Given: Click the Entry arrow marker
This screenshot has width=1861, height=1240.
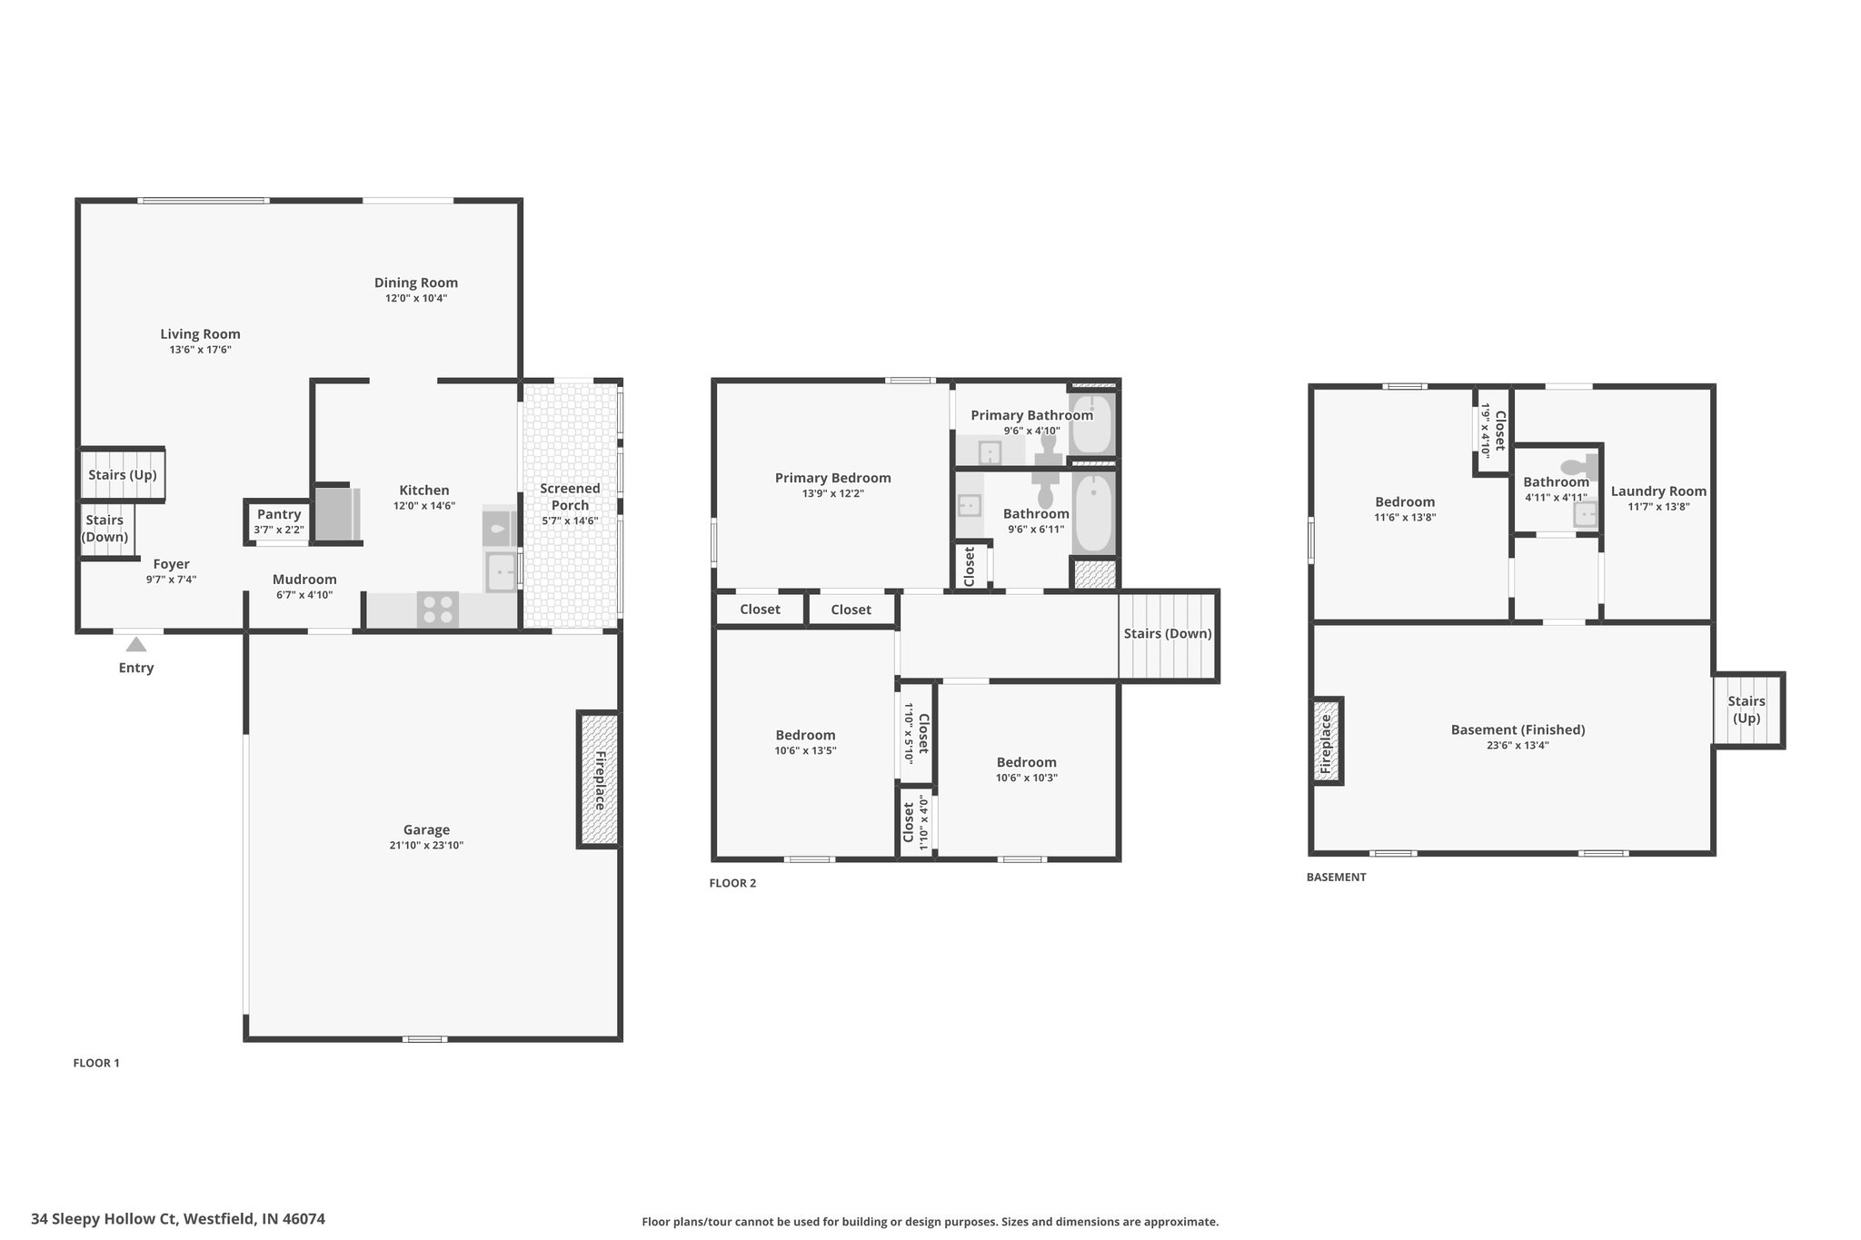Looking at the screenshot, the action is point(136,644).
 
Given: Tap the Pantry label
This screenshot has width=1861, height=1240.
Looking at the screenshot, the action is point(279,514).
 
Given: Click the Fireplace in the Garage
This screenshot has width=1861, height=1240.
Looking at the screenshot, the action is point(599,780).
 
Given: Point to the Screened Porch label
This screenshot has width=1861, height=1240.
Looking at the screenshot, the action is point(570,497).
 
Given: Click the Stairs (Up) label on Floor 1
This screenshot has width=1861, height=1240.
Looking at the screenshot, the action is point(123,475).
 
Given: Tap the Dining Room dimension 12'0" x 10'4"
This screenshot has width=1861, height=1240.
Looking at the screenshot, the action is point(416,298).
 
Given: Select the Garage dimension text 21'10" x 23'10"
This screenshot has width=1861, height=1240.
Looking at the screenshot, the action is point(427,846).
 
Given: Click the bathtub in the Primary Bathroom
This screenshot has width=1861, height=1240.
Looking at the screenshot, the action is point(1090,424).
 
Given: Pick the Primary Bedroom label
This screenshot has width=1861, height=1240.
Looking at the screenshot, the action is point(833,478).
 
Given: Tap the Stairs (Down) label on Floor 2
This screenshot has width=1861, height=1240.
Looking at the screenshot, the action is point(1168,633).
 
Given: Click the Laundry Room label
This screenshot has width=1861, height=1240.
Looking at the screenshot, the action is point(1658,491).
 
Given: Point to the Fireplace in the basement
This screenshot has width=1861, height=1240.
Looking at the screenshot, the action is point(1328,741).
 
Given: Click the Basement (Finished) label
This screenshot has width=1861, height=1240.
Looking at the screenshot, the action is point(1518,729).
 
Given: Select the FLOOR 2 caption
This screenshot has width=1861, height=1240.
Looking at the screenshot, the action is point(732,883).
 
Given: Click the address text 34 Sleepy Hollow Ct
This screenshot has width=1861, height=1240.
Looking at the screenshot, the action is point(104,1219).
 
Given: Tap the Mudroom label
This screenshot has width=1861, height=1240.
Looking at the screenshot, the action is point(304,580).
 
